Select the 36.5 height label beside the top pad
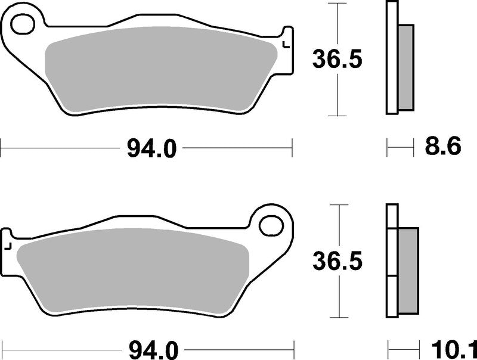338,59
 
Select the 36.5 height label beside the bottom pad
338,260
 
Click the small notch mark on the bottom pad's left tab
8,244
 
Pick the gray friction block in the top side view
405,67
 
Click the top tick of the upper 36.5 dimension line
338,4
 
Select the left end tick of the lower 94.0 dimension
2,347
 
